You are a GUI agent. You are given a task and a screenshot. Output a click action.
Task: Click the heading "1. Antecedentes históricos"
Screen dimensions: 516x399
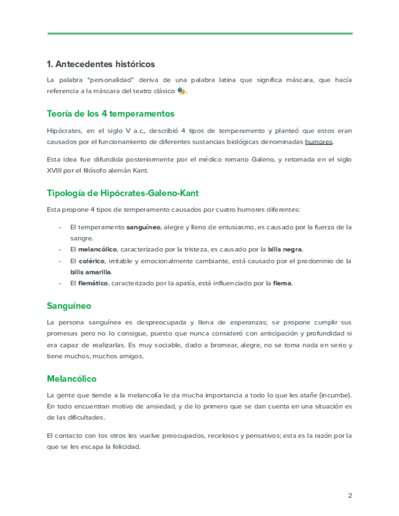[x=101, y=64]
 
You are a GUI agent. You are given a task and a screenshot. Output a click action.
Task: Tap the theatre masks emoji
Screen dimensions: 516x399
[x=181, y=91]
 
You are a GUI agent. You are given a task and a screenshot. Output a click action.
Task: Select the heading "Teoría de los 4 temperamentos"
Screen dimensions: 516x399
[x=110, y=114]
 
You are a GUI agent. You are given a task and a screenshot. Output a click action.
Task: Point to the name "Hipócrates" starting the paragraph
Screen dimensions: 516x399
[x=64, y=131]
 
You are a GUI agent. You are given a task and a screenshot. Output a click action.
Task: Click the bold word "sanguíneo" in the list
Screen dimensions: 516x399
[x=143, y=227]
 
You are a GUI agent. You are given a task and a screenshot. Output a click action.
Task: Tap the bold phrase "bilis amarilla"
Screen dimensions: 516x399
[x=91, y=271]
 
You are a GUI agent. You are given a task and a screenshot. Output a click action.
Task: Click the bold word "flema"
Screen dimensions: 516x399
[x=283, y=283]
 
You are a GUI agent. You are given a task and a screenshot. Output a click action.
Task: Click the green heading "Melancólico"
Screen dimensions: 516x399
[x=71, y=378]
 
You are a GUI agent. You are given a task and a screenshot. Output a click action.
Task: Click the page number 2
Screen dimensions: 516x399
[x=350, y=495]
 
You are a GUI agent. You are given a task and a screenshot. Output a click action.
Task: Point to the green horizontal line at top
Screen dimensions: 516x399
[x=199, y=33]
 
